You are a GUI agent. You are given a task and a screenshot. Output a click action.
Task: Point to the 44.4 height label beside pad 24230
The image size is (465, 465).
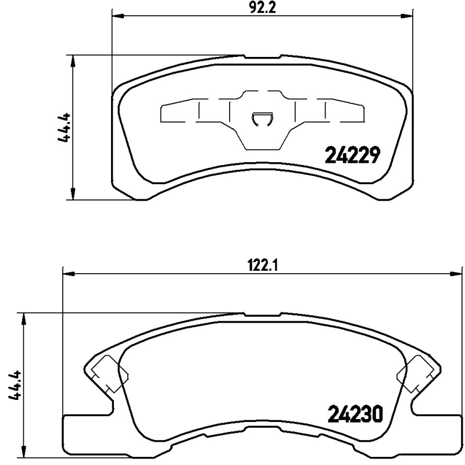(16, 385)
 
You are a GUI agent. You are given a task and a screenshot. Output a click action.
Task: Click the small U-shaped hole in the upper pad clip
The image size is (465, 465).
(262, 119)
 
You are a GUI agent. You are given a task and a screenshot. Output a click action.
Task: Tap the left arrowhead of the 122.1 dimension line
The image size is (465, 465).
(66, 273)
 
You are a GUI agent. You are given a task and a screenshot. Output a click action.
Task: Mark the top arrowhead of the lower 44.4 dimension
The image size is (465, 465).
(23, 317)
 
